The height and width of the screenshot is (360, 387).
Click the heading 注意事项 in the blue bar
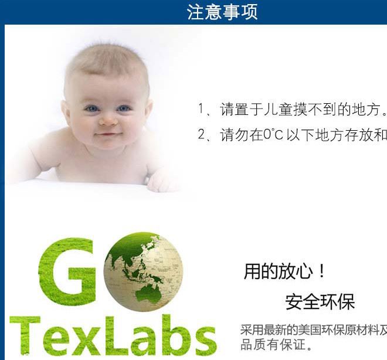pos(222,12)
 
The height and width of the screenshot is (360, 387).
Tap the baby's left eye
pos(124,108)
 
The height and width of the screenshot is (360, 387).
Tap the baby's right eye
pos(91,108)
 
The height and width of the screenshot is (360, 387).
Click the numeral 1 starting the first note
pos(201,109)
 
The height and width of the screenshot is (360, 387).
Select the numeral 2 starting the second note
pos(201,135)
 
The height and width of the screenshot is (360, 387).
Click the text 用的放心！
pos(285,271)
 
